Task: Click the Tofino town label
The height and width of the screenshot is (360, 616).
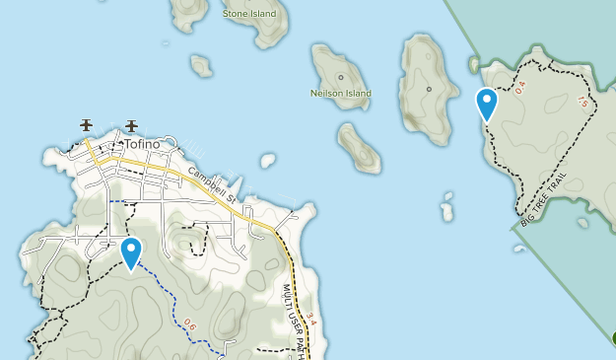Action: (142, 144)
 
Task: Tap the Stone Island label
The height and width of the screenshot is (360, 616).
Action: (248, 14)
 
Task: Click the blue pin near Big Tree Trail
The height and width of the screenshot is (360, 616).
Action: (486, 103)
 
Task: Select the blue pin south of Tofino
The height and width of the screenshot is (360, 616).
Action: (130, 252)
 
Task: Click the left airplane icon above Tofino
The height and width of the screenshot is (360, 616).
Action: (87, 125)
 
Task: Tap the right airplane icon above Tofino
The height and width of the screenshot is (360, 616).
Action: (132, 125)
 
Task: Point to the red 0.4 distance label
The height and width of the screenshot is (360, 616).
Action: (520, 87)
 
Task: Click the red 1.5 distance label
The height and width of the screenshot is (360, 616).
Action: (582, 101)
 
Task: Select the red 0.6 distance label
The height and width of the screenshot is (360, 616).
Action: (190, 322)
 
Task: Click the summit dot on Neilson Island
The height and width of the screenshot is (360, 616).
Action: (341, 77)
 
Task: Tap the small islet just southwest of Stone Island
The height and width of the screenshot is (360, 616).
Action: (201, 66)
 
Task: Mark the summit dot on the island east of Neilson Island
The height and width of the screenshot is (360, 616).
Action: (429, 89)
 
